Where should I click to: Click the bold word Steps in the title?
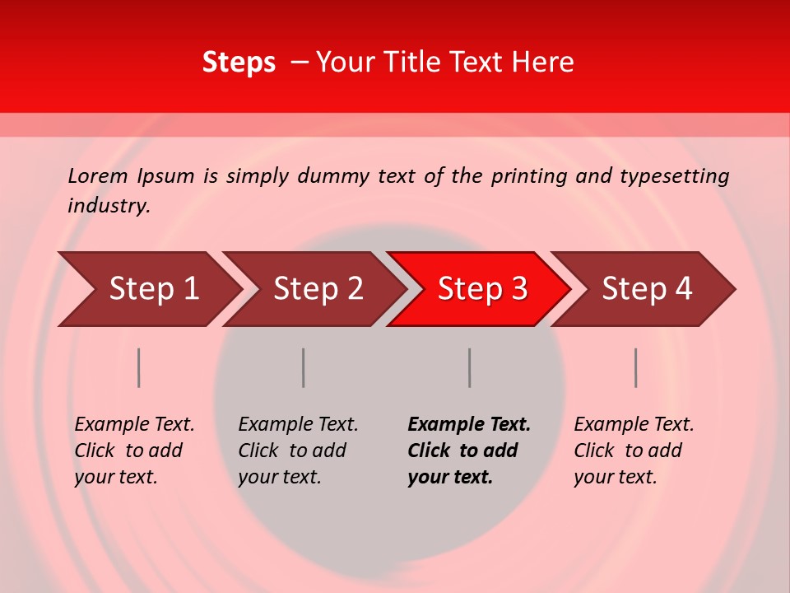[239, 63]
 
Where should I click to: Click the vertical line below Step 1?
[139, 367]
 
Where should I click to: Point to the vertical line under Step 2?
[304, 367]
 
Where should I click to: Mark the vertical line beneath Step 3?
[470, 367]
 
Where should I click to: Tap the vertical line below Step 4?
[636, 367]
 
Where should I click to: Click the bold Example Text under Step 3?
[469, 425]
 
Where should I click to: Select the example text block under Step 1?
[134, 451]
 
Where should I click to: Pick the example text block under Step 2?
[298, 451]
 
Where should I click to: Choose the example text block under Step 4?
[634, 451]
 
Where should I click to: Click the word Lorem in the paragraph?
[97, 176]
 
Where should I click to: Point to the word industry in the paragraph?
[109, 206]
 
